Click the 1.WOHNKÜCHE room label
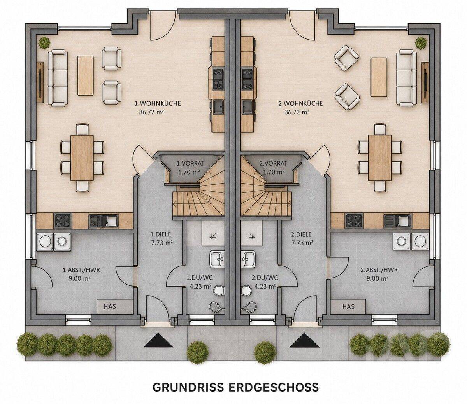coord(158,103)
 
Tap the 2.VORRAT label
coord(273,163)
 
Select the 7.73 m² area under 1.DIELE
coord(162,243)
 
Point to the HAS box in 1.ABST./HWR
coord(110,306)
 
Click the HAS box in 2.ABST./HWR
coord(348,306)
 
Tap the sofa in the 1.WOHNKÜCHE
coord(58,78)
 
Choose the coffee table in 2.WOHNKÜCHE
coord(379,77)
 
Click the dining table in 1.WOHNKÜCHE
coord(82,158)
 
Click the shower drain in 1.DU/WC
coord(212,237)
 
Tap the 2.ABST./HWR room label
coord(379,270)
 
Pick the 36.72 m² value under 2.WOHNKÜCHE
coord(297,112)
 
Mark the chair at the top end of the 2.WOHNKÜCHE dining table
coord(380,129)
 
